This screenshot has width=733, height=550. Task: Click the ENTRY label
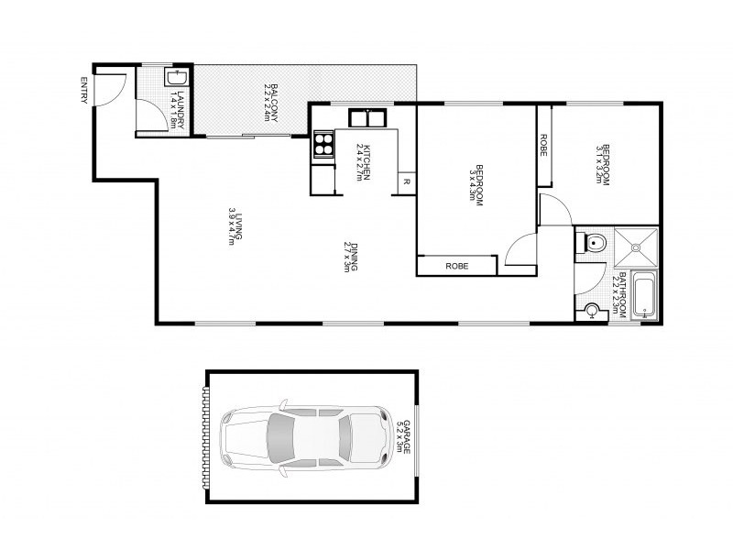point(84,90)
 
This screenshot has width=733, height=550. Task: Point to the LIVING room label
point(236,225)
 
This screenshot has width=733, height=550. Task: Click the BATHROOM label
point(620,294)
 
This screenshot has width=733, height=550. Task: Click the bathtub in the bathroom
point(645,295)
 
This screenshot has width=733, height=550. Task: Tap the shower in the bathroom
point(635,245)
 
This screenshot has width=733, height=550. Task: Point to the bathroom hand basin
point(591,312)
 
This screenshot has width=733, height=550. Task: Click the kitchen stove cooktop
point(323,144)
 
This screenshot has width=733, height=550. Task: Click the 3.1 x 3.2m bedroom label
point(601,165)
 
